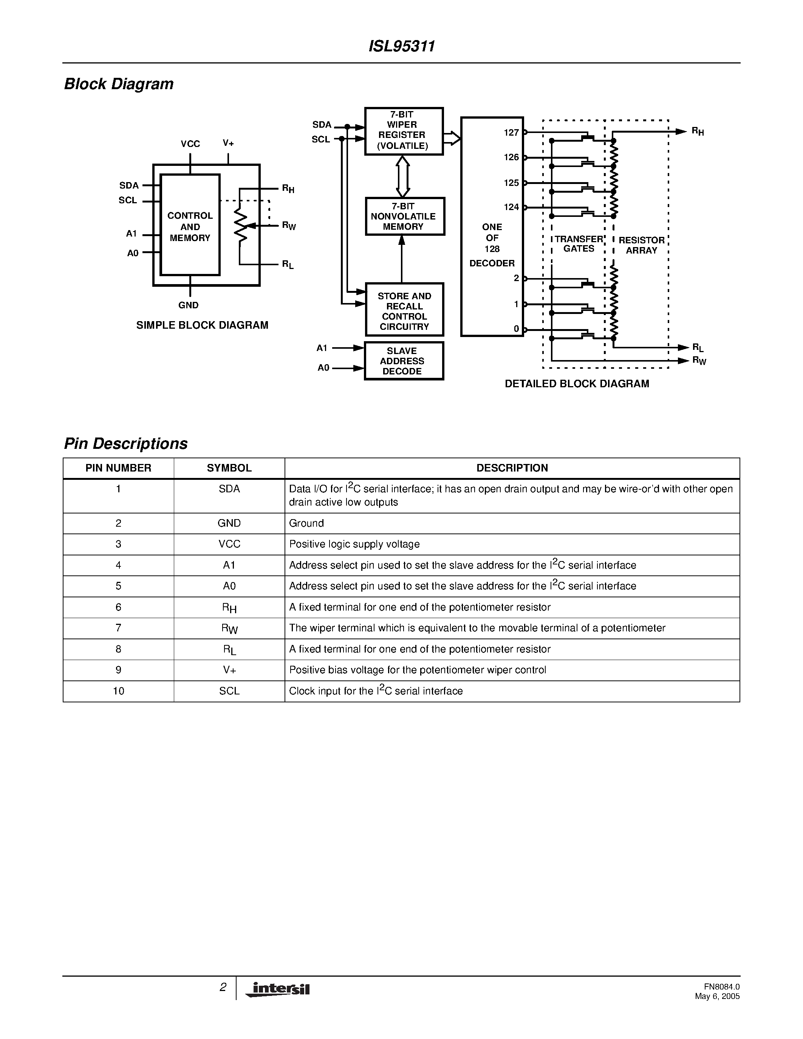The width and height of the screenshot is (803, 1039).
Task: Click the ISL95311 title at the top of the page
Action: pyautogui.click(x=401, y=46)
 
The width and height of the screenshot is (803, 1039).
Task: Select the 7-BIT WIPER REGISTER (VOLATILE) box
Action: pyautogui.click(x=404, y=131)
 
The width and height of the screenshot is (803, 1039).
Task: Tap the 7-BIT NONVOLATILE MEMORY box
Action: pyautogui.click(x=404, y=216)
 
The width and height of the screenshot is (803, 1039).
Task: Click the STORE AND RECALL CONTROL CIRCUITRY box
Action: pyautogui.click(x=404, y=310)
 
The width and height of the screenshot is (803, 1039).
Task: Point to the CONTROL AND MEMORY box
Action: pyautogui.click(x=190, y=226)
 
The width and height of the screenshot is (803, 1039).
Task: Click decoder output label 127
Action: pyautogui.click(x=511, y=133)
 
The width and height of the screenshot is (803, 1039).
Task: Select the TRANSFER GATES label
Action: pyautogui.click(x=579, y=244)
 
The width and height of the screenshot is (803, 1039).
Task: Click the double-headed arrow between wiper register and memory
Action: pyautogui.click(x=402, y=176)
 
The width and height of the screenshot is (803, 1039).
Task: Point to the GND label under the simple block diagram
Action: pyautogui.click(x=189, y=305)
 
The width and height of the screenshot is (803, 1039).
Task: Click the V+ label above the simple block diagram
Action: pyautogui.click(x=228, y=143)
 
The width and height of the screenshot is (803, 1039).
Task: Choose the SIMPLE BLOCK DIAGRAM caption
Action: pyautogui.click(x=202, y=325)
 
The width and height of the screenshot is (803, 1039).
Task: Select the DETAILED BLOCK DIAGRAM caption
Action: pyautogui.click(x=577, y=384)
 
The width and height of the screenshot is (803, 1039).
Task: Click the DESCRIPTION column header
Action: pyautogui.click(x=512, y=468)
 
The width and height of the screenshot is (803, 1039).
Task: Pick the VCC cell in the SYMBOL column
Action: pyautogui.click(x=229, y=544)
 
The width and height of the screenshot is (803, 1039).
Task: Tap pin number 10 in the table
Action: pyautogui.click(x=118, y=691)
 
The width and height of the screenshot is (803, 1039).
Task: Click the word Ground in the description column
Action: pyautogui.click(x=306, y=523)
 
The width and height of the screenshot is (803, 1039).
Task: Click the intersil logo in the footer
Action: pyautogui.click(x=278, y=990)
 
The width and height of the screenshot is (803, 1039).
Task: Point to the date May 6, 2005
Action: pyautogui.click(x=717, y=997)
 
